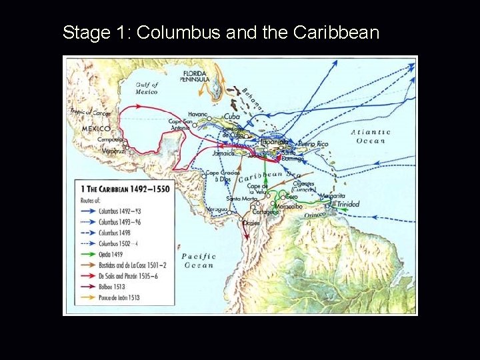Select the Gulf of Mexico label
point(146,88)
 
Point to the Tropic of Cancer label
point(90,113)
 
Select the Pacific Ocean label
point(198,260)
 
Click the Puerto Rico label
point(314,143)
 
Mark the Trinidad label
point(347,204)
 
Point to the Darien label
point(251,223)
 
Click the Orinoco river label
point(315,215)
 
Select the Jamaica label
point(224,153)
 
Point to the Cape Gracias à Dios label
point(221,175)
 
